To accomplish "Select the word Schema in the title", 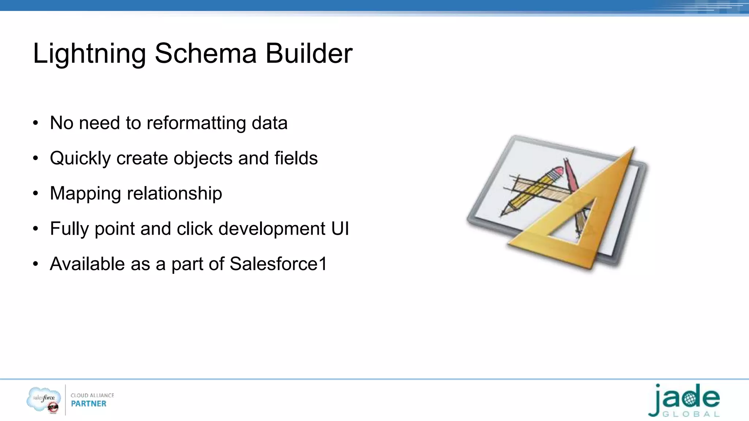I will (206, 53).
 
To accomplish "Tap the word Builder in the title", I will (309, 53).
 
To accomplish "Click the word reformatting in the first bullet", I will (196, 123).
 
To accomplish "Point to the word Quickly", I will (80, 159).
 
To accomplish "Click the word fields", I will (296, 158).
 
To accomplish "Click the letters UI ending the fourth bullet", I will (340, 229).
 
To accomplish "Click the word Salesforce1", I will (278, 264).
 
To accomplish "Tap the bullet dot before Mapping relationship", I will (35, 193).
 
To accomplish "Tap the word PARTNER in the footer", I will (89, 404).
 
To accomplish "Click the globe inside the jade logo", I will (689, 398).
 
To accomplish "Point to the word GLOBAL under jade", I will (691, 414).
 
